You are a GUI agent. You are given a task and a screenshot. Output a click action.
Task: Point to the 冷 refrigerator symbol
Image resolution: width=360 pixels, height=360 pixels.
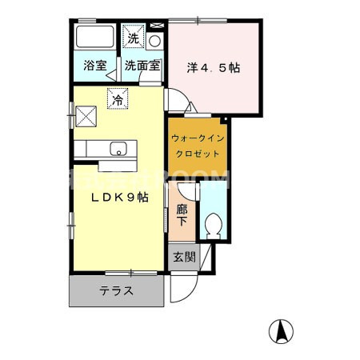click(118, 99)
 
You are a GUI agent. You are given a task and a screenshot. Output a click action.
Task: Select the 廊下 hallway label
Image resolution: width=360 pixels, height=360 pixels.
click(182, 215)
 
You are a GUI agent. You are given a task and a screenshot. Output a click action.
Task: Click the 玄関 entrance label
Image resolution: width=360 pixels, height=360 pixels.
click(183, 258)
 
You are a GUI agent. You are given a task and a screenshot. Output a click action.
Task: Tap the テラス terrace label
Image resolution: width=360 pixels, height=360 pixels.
click(116, 290)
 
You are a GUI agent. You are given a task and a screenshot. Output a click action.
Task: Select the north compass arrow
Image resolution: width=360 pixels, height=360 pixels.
click(282, 330)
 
